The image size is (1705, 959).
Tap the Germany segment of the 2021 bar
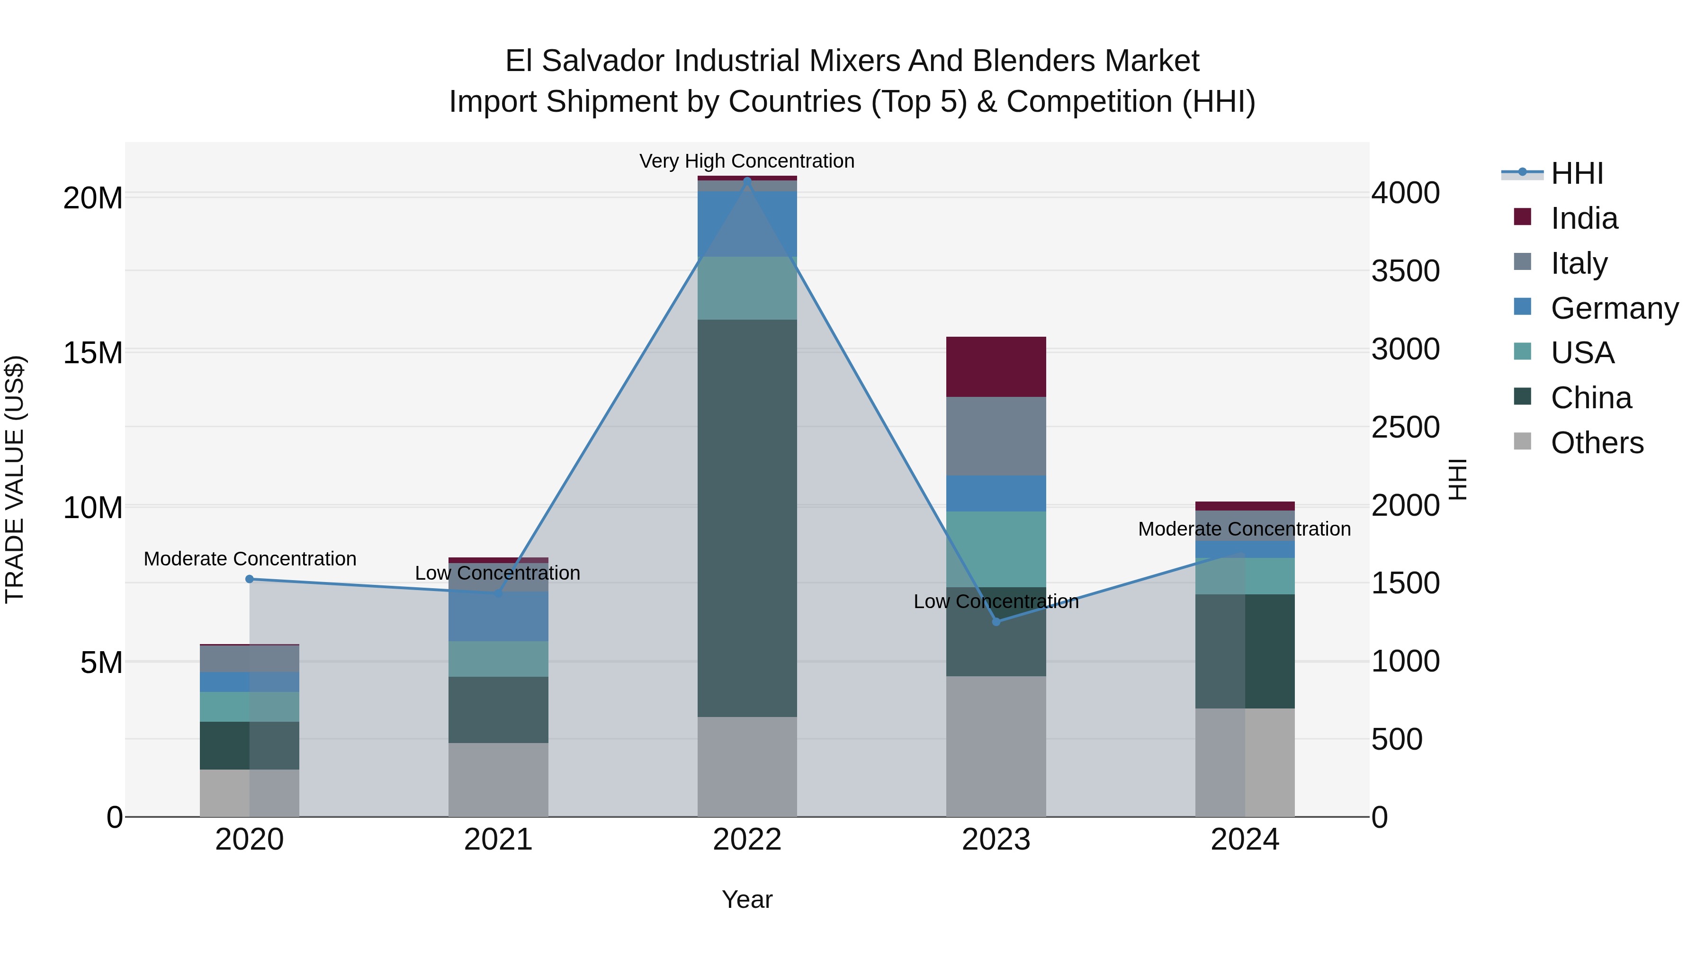pos(498,616)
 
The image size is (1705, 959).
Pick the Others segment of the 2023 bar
pos(996,746)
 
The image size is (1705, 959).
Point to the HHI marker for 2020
pos(250,579)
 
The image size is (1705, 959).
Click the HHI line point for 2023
pos(996,621)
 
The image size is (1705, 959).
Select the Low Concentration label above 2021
pos(497,573)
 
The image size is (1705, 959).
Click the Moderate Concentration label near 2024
pos(1244,529)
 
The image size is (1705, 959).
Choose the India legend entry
pos(1584,218)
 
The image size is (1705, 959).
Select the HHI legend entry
pos(1577,173)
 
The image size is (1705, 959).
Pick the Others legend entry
pos(1597,443)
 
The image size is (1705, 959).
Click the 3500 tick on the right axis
pos(1405,271)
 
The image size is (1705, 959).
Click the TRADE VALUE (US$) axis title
pos(15,479)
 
